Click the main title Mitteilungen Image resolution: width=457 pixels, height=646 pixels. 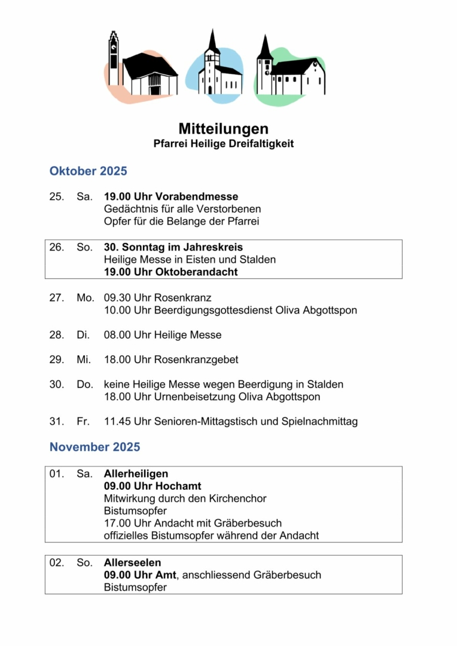223,129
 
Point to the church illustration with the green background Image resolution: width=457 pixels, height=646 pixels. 291,70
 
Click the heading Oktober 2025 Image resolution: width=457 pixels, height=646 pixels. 88,171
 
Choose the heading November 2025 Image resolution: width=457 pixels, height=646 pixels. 95,447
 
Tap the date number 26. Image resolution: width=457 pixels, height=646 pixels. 56,247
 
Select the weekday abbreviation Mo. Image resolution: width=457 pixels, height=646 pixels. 85,298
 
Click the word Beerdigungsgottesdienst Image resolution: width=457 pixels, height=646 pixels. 219,310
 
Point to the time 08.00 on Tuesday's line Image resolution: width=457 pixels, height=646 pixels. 117,335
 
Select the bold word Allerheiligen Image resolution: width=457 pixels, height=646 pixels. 136,474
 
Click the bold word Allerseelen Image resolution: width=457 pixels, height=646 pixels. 132,563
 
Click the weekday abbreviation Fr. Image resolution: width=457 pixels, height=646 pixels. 83,422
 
